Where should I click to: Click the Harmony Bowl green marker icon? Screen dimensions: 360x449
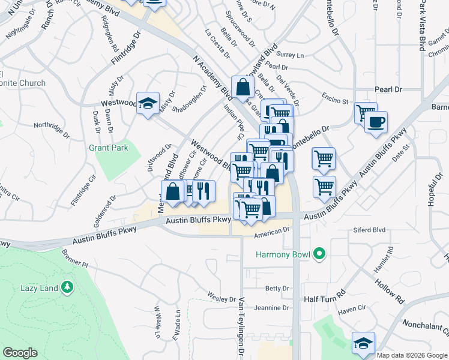coord(319,254)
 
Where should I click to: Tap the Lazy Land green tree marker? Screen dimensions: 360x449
coord(67,288)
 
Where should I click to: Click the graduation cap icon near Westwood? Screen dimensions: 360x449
coord(147,104)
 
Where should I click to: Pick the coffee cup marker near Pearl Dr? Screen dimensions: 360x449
coord(376,122)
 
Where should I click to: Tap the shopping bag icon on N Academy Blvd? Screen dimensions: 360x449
coord(242,88)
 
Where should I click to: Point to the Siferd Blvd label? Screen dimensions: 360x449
coord(370,229)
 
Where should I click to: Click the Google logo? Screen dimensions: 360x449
coord(20,353)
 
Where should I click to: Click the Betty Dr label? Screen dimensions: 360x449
coord(277,289)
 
